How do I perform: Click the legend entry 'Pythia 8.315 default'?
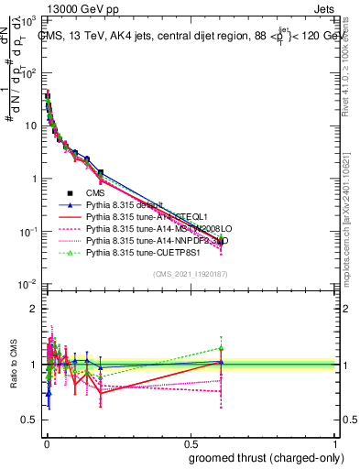tap(123, 205)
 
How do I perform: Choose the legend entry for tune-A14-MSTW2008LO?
tap(147, 229)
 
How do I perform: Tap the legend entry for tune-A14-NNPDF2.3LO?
tap(147, 240)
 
